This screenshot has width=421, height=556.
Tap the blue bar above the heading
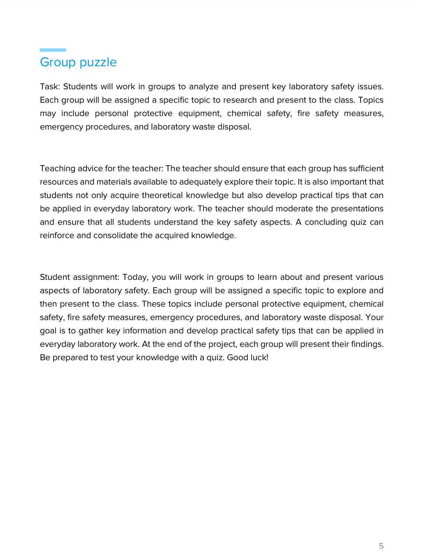click(x=53, y=50)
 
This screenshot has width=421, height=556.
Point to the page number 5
click(x=381, y=546)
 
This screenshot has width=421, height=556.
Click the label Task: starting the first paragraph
click(x=50, y=87)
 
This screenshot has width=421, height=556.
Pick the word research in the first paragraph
click(x=240, y=100)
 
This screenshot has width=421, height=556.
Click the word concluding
click(x=326, y=222)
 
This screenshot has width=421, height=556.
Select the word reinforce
click(x=57, y=236)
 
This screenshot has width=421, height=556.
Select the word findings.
click(x=367, y=344)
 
